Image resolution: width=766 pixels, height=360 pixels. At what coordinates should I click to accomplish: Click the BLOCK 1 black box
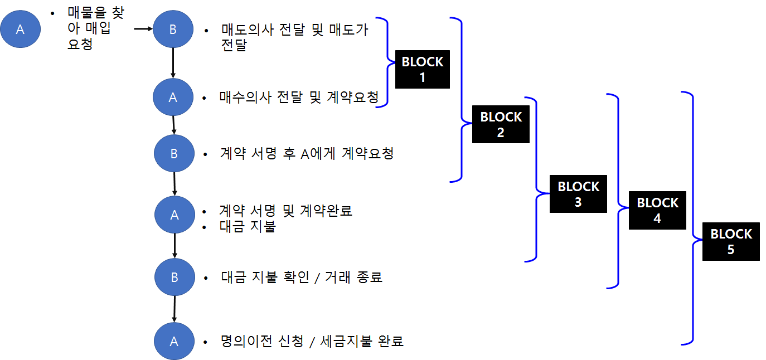[x=422, y=69]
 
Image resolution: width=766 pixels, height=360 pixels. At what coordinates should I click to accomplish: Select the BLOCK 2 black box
[x=500, y=124]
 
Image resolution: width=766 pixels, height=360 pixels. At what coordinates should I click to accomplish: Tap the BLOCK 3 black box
[x=578, y=194]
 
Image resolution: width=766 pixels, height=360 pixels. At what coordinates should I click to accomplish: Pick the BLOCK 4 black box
[x=657, y=210]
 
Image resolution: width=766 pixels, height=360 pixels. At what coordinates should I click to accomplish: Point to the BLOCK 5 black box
[x=730, y=241]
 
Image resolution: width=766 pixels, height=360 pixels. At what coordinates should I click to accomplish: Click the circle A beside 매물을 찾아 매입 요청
[x=20, y=30]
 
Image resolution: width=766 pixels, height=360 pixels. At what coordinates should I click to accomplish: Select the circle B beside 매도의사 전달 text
[x=173, y=30]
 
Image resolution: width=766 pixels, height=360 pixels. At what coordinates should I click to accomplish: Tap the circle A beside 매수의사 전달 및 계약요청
[x=173, y=98]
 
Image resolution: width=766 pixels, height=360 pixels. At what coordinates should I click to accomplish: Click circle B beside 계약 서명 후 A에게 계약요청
[x=174, y=153]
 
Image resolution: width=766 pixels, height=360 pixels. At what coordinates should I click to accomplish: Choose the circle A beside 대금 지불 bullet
[x=174, y=215]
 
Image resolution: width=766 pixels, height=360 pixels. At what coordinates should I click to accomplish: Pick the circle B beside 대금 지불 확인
[x=174, y=277]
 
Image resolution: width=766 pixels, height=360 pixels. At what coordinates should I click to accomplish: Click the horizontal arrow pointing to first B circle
[x=143, y=29]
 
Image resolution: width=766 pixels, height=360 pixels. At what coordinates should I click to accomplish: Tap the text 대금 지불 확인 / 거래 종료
[x=301, y=277]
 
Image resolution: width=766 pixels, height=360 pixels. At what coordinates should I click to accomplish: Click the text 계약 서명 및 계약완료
[x=286, y=211]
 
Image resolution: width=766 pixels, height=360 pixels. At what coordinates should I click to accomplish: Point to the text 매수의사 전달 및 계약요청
[x=299, y=98]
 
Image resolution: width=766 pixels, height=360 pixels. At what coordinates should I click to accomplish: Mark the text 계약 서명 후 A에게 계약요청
[x=307, y=153]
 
